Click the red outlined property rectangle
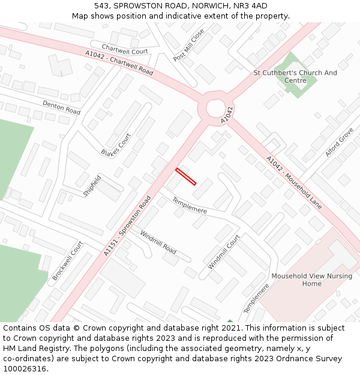coord(186,177)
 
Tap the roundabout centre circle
coord(215,109)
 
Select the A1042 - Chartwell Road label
coord(119,62)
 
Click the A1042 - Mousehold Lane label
coord(294,183)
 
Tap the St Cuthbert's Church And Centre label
coord(295,77)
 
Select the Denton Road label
coord(61,107)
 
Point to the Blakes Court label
coord(116,144)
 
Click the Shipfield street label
coord(92,186)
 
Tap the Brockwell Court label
coord(67,260)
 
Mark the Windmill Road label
coord(158,241)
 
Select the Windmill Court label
coord(224,252)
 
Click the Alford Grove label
coord(339,142)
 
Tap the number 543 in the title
coord(101,5)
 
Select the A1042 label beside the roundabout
coord(226,115)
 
